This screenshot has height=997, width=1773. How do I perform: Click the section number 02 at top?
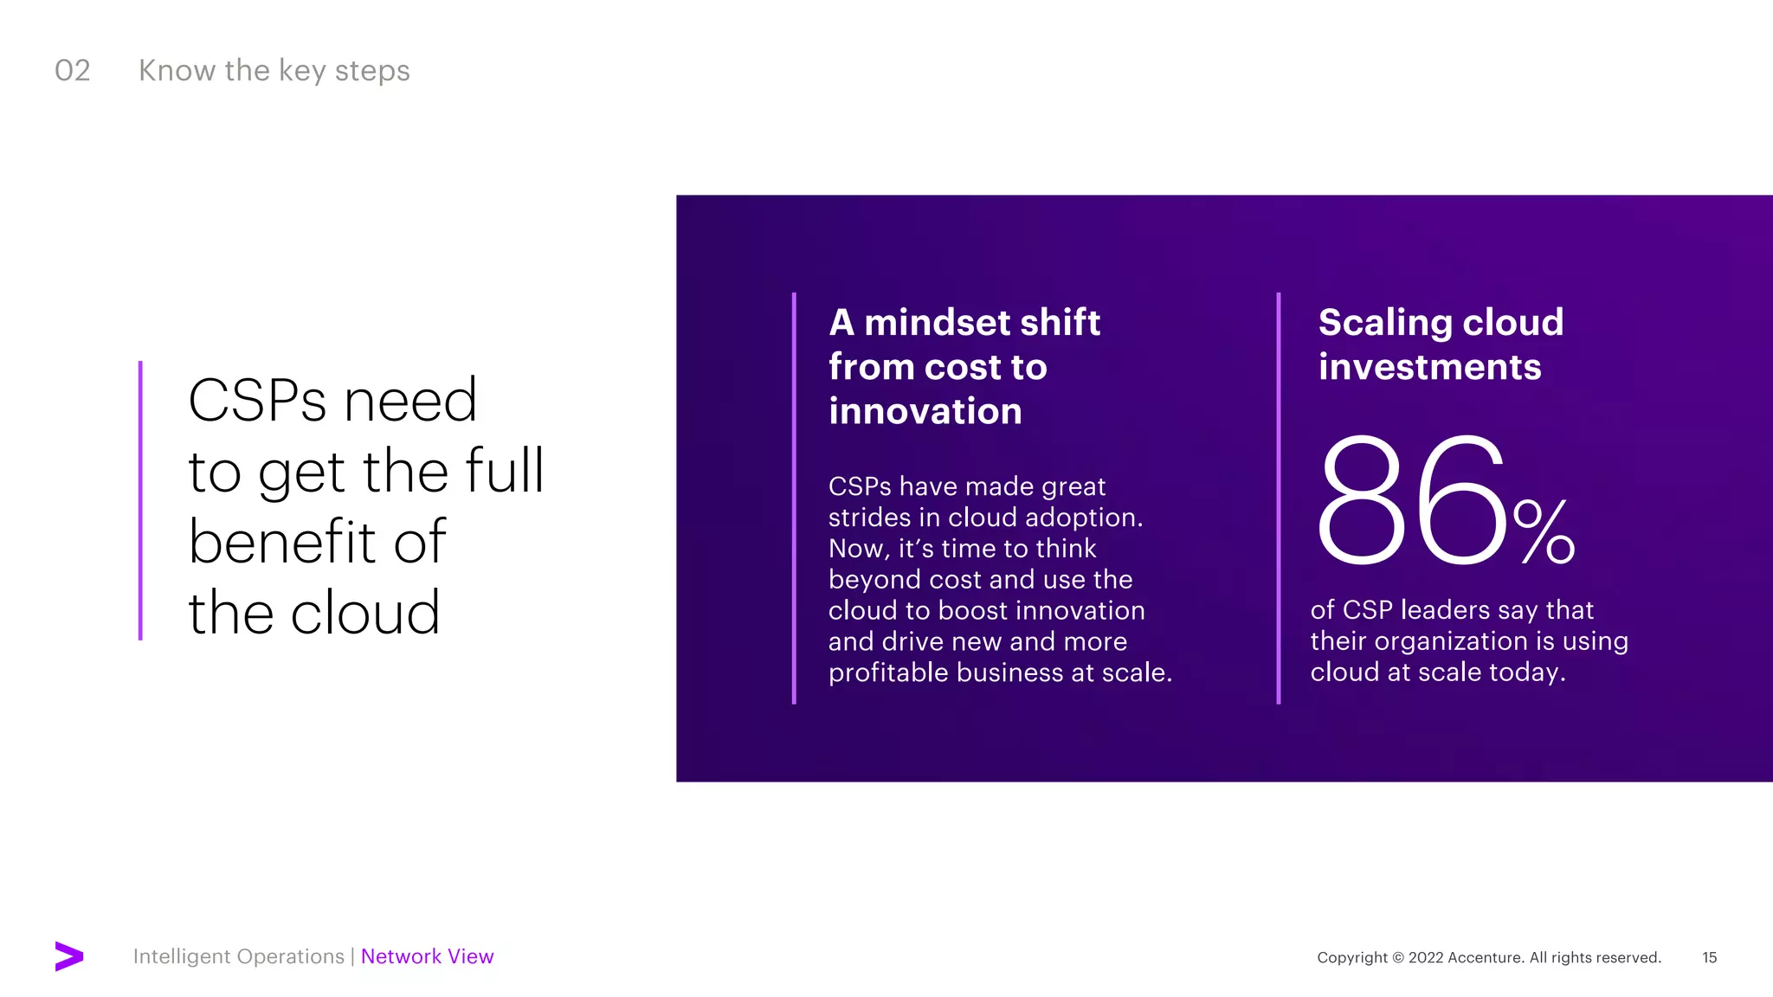pos(72,71)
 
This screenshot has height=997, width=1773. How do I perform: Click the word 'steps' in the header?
pos(372,71)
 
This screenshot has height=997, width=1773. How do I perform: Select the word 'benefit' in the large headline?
pos(281,542)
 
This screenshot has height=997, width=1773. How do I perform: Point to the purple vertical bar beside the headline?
pos(140,500)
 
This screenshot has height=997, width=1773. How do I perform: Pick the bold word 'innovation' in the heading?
pos(925,411)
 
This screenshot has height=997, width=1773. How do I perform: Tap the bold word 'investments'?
pos(1429,367)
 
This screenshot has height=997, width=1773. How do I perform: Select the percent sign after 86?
pos(1544,531)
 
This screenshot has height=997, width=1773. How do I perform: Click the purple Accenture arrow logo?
pos(68,956)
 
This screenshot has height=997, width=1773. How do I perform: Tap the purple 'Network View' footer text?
pos(427,956)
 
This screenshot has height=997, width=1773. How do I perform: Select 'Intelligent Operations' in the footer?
pos(238,956)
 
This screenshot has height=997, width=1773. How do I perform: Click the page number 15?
pos(1709,958)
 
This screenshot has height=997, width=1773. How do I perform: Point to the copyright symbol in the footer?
pos(1397,958)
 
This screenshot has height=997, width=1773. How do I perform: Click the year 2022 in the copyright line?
pos(1426,958)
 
